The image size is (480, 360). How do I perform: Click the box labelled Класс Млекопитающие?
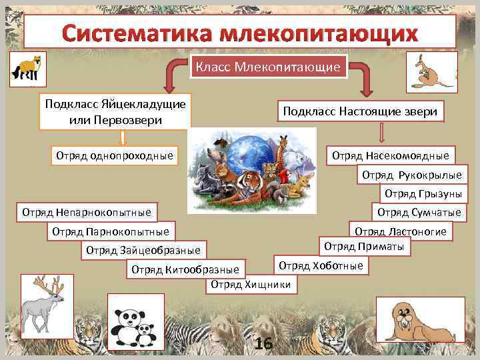coord(270,67)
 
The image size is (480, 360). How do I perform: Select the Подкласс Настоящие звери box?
coord(360,111)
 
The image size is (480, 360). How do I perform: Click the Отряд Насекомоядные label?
coord(390,156)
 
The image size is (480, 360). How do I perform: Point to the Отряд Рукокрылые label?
coord(411,175)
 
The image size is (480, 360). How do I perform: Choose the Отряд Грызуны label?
coord(422,194)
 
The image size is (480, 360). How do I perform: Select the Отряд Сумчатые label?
coord(419,213)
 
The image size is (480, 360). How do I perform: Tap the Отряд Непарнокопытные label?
coord(87,213)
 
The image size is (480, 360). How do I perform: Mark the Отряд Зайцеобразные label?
coord(143,251)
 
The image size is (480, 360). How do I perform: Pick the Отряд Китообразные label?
coord(185,269)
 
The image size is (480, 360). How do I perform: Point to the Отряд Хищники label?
coord(251,285)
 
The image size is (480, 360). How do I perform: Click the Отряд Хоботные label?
coord(321,265)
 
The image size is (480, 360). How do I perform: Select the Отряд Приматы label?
coord(365,247)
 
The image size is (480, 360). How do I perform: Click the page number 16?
coord(263,343)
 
